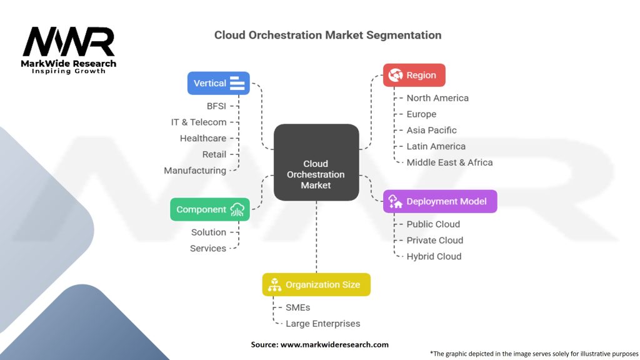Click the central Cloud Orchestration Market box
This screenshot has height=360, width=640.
316,162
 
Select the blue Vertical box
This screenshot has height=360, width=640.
219,83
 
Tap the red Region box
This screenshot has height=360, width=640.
414,75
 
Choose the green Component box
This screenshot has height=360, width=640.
210,209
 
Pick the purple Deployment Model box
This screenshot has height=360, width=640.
440,201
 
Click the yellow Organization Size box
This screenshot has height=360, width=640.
316,284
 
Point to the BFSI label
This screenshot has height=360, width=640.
216,106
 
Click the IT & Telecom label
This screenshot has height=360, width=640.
199,122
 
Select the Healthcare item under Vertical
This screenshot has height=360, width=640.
203,138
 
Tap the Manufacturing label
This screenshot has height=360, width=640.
195,171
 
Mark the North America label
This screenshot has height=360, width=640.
437,98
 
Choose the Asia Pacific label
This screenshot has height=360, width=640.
431,130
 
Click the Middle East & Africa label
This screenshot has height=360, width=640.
449,162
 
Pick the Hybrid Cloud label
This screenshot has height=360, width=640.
434,256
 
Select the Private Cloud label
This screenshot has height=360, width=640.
434,240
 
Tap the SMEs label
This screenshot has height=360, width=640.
297,307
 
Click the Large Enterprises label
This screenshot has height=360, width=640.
322,324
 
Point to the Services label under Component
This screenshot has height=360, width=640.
208,248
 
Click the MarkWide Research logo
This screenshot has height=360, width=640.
69,49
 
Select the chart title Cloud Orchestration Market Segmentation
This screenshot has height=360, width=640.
327,35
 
